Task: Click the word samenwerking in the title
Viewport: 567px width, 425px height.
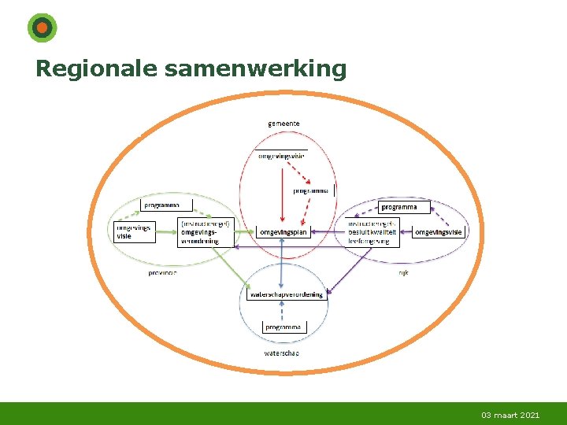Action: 255,69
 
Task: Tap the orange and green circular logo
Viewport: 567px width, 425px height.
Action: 42,28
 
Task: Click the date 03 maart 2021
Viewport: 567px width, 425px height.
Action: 510,415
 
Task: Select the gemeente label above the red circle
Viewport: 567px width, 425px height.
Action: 283,124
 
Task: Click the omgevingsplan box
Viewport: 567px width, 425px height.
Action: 283,232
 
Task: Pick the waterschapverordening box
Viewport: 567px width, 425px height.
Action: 286,294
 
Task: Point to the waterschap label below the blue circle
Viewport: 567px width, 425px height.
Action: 281,353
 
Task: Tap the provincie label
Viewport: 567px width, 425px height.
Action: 163,272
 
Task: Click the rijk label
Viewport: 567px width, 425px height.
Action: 402,272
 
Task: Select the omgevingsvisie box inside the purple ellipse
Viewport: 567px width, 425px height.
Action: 439,232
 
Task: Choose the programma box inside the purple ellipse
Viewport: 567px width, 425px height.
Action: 405,207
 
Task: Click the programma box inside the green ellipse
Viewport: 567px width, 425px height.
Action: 166,205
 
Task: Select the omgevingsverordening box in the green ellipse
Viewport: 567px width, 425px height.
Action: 206,232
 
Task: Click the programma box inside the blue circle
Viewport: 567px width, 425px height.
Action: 283,327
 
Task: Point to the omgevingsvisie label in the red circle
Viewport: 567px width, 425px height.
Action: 281,155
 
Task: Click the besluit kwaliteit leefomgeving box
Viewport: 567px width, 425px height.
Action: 372,232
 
